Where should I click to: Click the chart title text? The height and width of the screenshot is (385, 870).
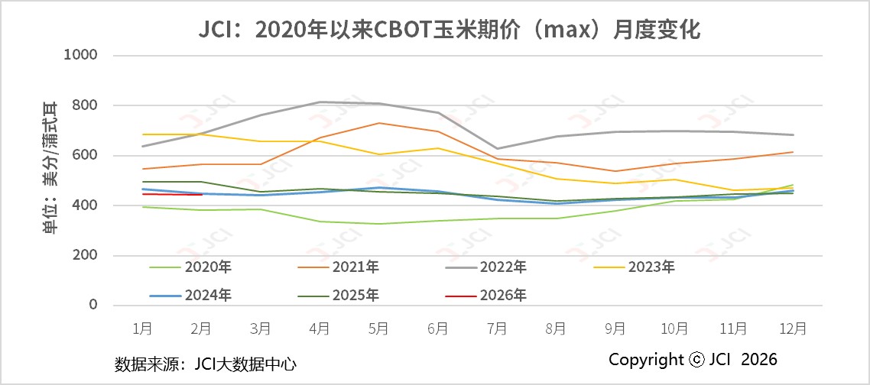coord(434,30)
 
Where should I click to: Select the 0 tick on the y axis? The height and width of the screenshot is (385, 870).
coord(93,305)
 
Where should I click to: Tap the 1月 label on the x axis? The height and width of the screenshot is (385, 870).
coord(142,328)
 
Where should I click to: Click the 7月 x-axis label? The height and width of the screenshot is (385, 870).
coord(497,328)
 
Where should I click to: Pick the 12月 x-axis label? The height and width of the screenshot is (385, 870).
coord(792,328)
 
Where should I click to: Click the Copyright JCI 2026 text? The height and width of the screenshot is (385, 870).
coord(693,359)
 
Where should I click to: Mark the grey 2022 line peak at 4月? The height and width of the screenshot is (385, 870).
coord(320,102)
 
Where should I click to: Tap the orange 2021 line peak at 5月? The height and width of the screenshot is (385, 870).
coord(378,123)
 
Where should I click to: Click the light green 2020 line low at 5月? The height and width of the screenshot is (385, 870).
coord(378,224)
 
